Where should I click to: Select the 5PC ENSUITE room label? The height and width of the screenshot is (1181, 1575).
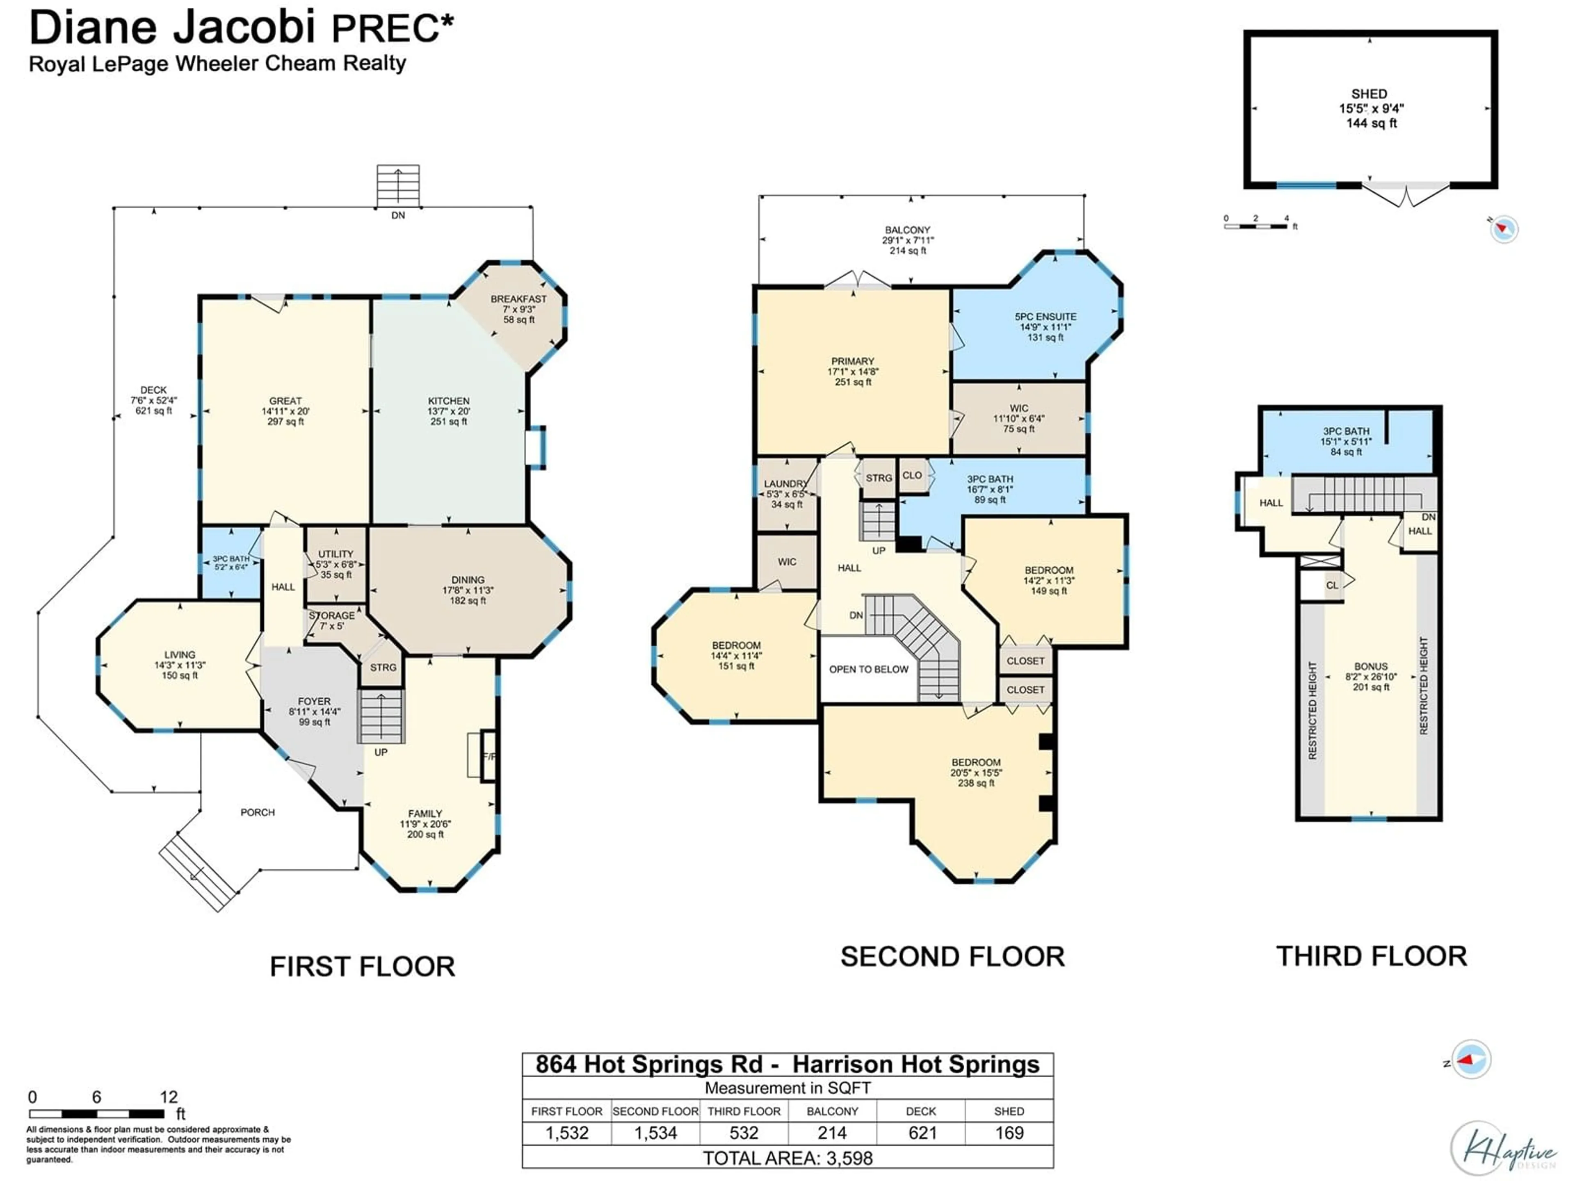[1045, 317]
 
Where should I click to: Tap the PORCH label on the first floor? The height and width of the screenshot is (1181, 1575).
[257, 812]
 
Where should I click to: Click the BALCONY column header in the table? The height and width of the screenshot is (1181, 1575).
[832, 1111]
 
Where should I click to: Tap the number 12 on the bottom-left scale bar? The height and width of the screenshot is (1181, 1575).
[168, 1097]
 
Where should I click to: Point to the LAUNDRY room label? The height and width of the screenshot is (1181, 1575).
[785, 483]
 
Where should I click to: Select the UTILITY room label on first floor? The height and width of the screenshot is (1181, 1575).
[336, 554]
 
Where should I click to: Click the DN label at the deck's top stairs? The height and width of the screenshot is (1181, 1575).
[398, 215]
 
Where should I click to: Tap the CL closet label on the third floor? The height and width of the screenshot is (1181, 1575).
[1331, 585]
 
